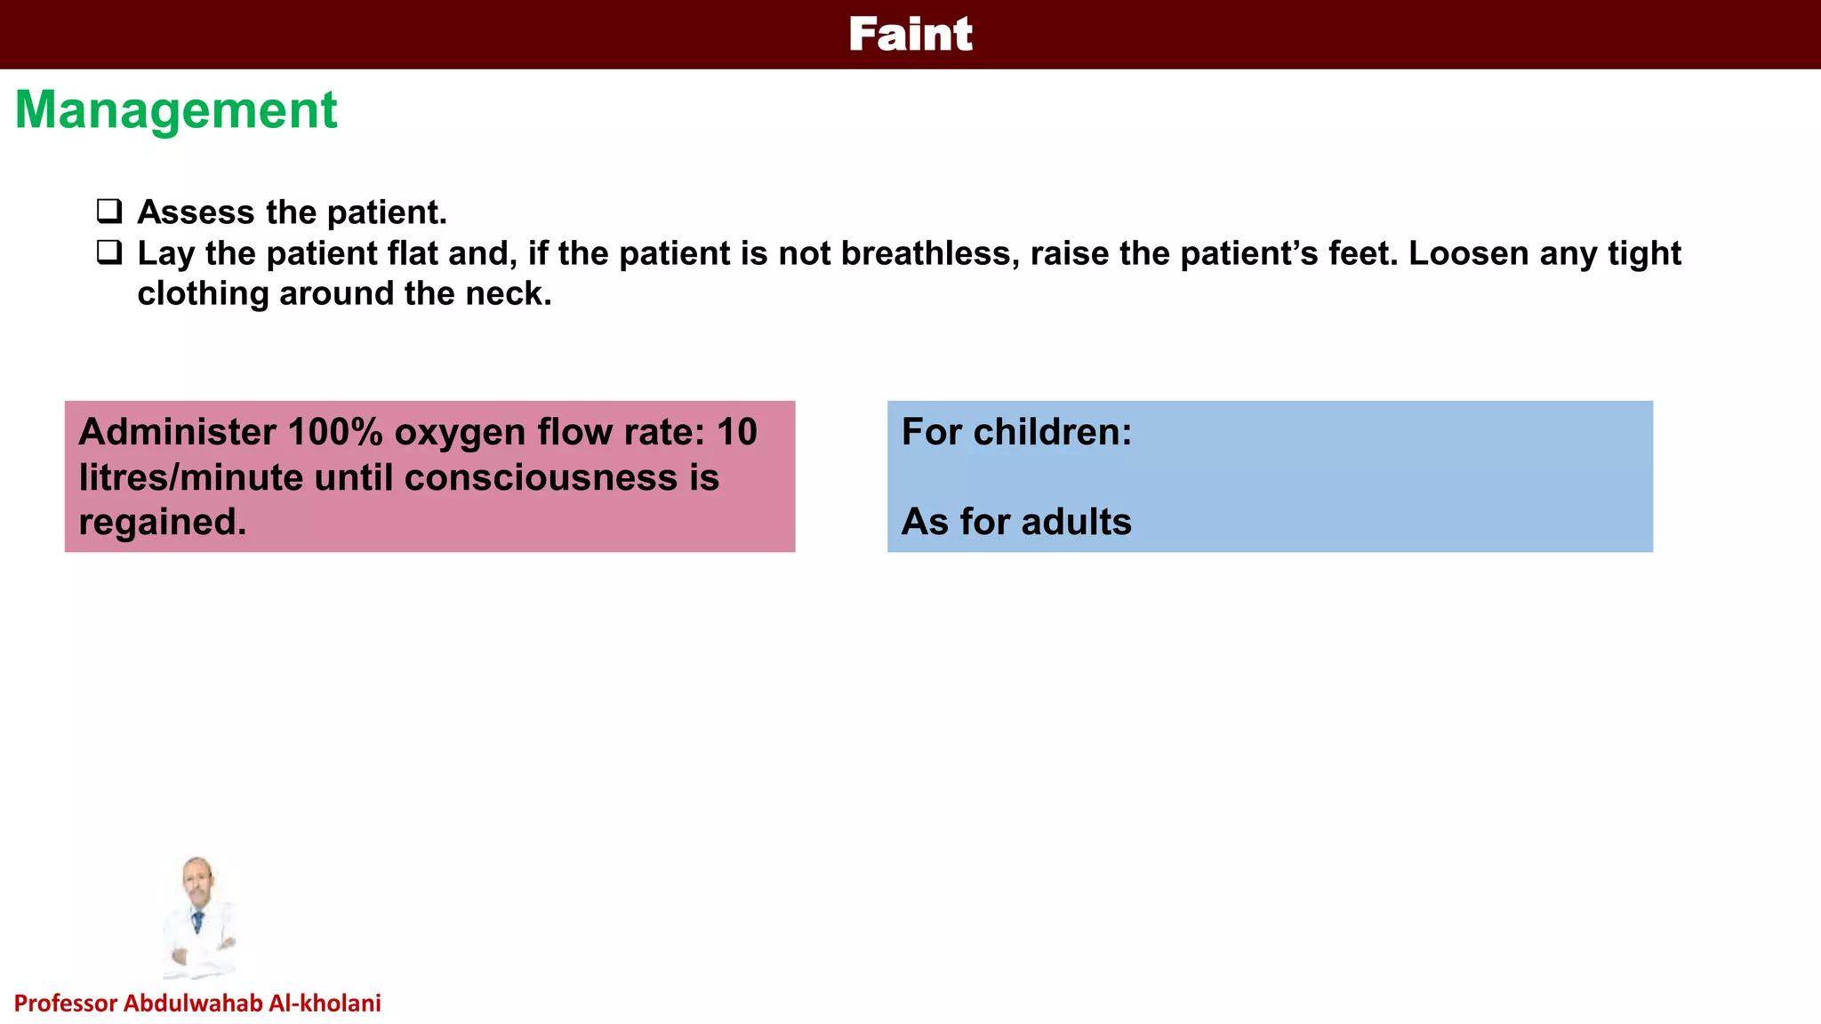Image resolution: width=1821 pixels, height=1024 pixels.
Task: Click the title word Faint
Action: coord(910,35)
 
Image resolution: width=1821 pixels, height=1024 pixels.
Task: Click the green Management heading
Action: coord(176,110)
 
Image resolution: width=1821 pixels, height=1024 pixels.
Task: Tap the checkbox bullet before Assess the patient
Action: coord(109,212)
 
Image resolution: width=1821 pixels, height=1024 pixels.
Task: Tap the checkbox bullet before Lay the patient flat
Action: coord(109,252)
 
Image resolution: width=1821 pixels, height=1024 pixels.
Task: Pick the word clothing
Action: coord(203,294)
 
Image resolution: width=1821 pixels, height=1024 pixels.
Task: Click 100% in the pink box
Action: coord(335,432)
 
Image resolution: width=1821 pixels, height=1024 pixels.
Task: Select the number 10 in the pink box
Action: coord(736,432)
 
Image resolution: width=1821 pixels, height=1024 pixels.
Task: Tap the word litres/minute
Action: coord(190,477)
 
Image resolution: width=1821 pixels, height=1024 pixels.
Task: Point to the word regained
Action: coord(161,522)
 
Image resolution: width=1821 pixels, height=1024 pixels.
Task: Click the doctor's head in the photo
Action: coord(197,876)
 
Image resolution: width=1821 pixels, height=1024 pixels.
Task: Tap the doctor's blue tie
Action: coord(197,921)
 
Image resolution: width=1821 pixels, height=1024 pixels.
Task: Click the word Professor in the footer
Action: coord(66,1004)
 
